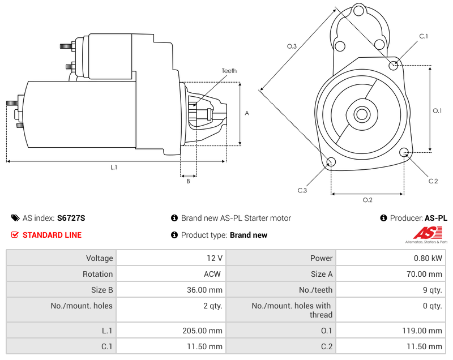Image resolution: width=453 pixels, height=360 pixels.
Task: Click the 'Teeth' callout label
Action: click(x=229, y=71)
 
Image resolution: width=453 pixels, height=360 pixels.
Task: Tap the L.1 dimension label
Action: click(x=114, y=168)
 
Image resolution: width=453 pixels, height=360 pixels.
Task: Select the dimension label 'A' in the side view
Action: click(x=246, y=113)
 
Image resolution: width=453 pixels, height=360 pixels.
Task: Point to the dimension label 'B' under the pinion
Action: click(x=188, y=182)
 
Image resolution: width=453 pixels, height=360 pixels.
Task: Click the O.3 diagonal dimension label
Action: click(x=292, y=46)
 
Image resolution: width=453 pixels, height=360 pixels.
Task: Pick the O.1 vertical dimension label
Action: click(x=437, y=110)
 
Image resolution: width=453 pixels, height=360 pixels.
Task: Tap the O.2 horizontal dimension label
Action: click(x=367, y=200)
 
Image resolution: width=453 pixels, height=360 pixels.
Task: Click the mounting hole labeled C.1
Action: click(x=394, y=66)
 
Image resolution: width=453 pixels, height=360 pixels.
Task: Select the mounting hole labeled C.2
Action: click(x=404, y=152)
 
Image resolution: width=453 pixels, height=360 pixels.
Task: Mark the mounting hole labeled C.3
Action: click(x=331, y=163)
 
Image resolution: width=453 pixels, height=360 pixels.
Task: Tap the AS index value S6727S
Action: click(x=71, y=218)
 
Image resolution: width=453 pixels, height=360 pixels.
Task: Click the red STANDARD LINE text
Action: click(x=52, y=235)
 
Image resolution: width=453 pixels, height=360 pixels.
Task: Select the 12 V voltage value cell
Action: click(x=215, y=258)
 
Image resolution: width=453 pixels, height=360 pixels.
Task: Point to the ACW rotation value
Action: click(x=213, y=274)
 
